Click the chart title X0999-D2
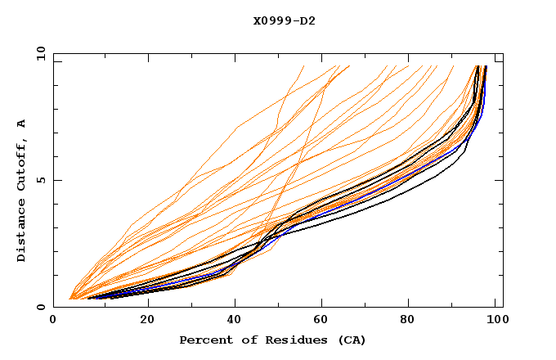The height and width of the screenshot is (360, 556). point(284,20)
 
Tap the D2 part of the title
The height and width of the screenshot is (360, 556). point(308,20)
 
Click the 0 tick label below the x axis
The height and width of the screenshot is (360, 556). point(53,321)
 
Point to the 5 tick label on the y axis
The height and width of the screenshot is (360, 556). point(41,180)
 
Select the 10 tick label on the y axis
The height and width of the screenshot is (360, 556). point(38,53)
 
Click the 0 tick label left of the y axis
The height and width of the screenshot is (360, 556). point(41,307)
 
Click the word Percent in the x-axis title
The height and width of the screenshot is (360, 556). point(203,340)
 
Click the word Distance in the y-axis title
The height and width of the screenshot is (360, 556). point(22,233)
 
